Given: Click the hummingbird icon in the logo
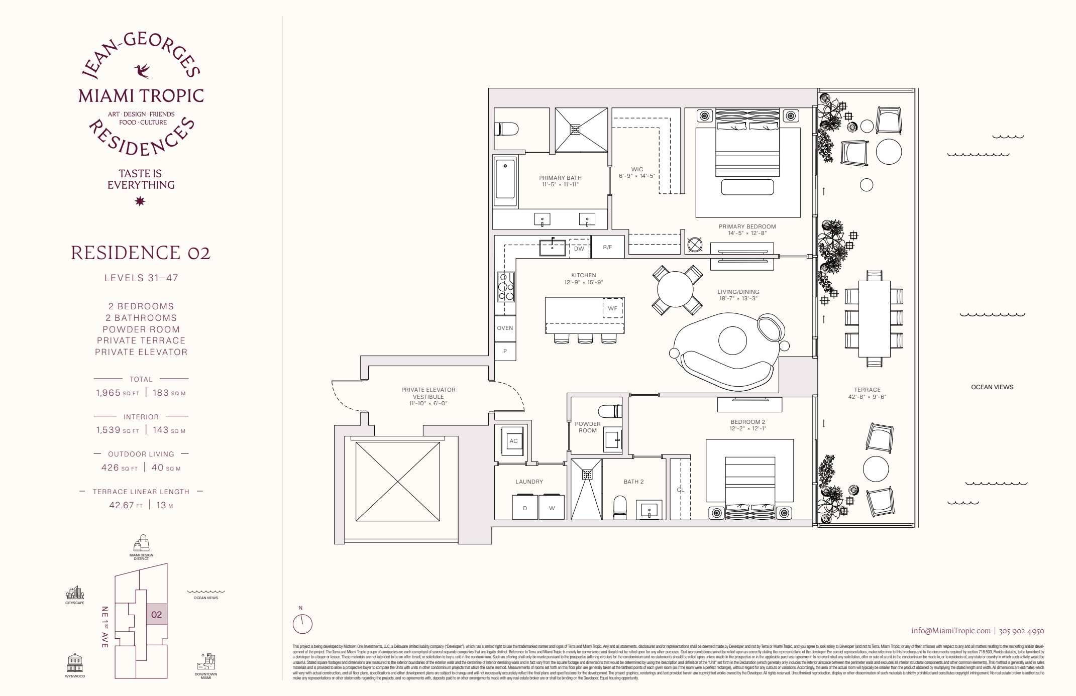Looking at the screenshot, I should [x=142, y=71].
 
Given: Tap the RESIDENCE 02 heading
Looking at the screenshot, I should [x=141, y=253].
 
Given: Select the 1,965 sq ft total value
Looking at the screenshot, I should [x=109, y=393].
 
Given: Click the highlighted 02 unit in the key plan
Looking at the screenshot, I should [x=156, y=614].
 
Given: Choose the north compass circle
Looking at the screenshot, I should [x=302, y=625].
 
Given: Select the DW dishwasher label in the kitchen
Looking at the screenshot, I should [x=579, y=248].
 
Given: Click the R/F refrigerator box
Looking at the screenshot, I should [x=607, y=247].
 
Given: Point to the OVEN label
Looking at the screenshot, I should [x=505, y=328].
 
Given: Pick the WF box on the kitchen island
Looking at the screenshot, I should [x=612, y=308].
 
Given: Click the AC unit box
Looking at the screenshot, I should [x=513, y=441].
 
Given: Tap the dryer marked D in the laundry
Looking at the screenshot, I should [x=524, y=508].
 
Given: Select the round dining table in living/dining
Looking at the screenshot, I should [x=677, y=290].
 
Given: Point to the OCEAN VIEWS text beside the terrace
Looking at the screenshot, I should [x=992, y=387].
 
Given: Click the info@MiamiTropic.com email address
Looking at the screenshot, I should [x=951, y=631].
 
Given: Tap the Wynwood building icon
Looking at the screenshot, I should [x=75, y=663].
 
